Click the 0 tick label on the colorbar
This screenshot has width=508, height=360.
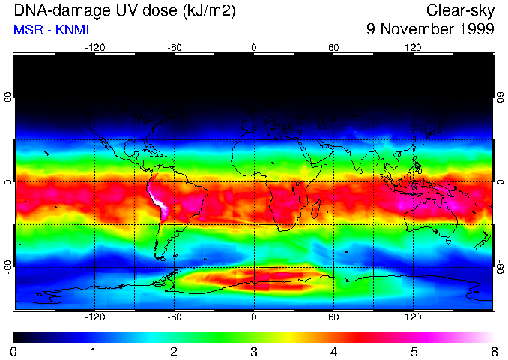click(x=14, y=351)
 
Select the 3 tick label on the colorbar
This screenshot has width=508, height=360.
click(x=254, y=351)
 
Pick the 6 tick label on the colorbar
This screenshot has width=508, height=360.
click(x=493, y=351)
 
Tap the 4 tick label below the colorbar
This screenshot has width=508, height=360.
click(x=333, y=351)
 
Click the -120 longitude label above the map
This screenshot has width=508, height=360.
click(x=94, y=47)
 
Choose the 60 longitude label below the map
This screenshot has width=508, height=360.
click(x=333, y=317)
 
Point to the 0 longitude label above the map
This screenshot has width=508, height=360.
click(x=254, y=47)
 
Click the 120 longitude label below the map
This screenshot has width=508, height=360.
click(x=413, y=317)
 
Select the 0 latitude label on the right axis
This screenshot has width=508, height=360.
click(x=499, y=182)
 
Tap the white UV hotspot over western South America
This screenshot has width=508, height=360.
click(x=160, y=202)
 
